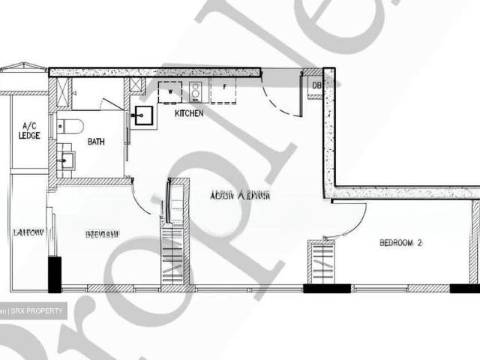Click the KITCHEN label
(x=189, y=114)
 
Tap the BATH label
(x=96, y=142)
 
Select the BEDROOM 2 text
(x=401, y=243)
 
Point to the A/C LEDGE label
(x=30, y=130)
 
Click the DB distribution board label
(x=317, y=85)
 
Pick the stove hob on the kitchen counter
(x=195, y=91)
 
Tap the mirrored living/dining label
(x=239, y=196)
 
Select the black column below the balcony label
(x=54, y=274)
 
